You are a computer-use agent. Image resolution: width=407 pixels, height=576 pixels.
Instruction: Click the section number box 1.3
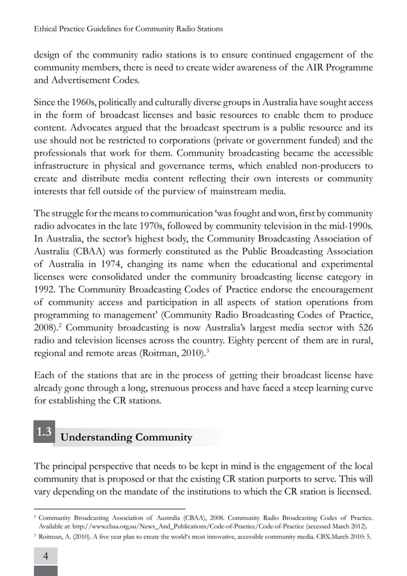[x=44, y=433]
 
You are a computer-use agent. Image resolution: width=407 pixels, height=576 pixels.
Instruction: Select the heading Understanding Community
[x=126, y=438]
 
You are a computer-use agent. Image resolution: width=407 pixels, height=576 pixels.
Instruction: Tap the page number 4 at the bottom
[x=45, y=556]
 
